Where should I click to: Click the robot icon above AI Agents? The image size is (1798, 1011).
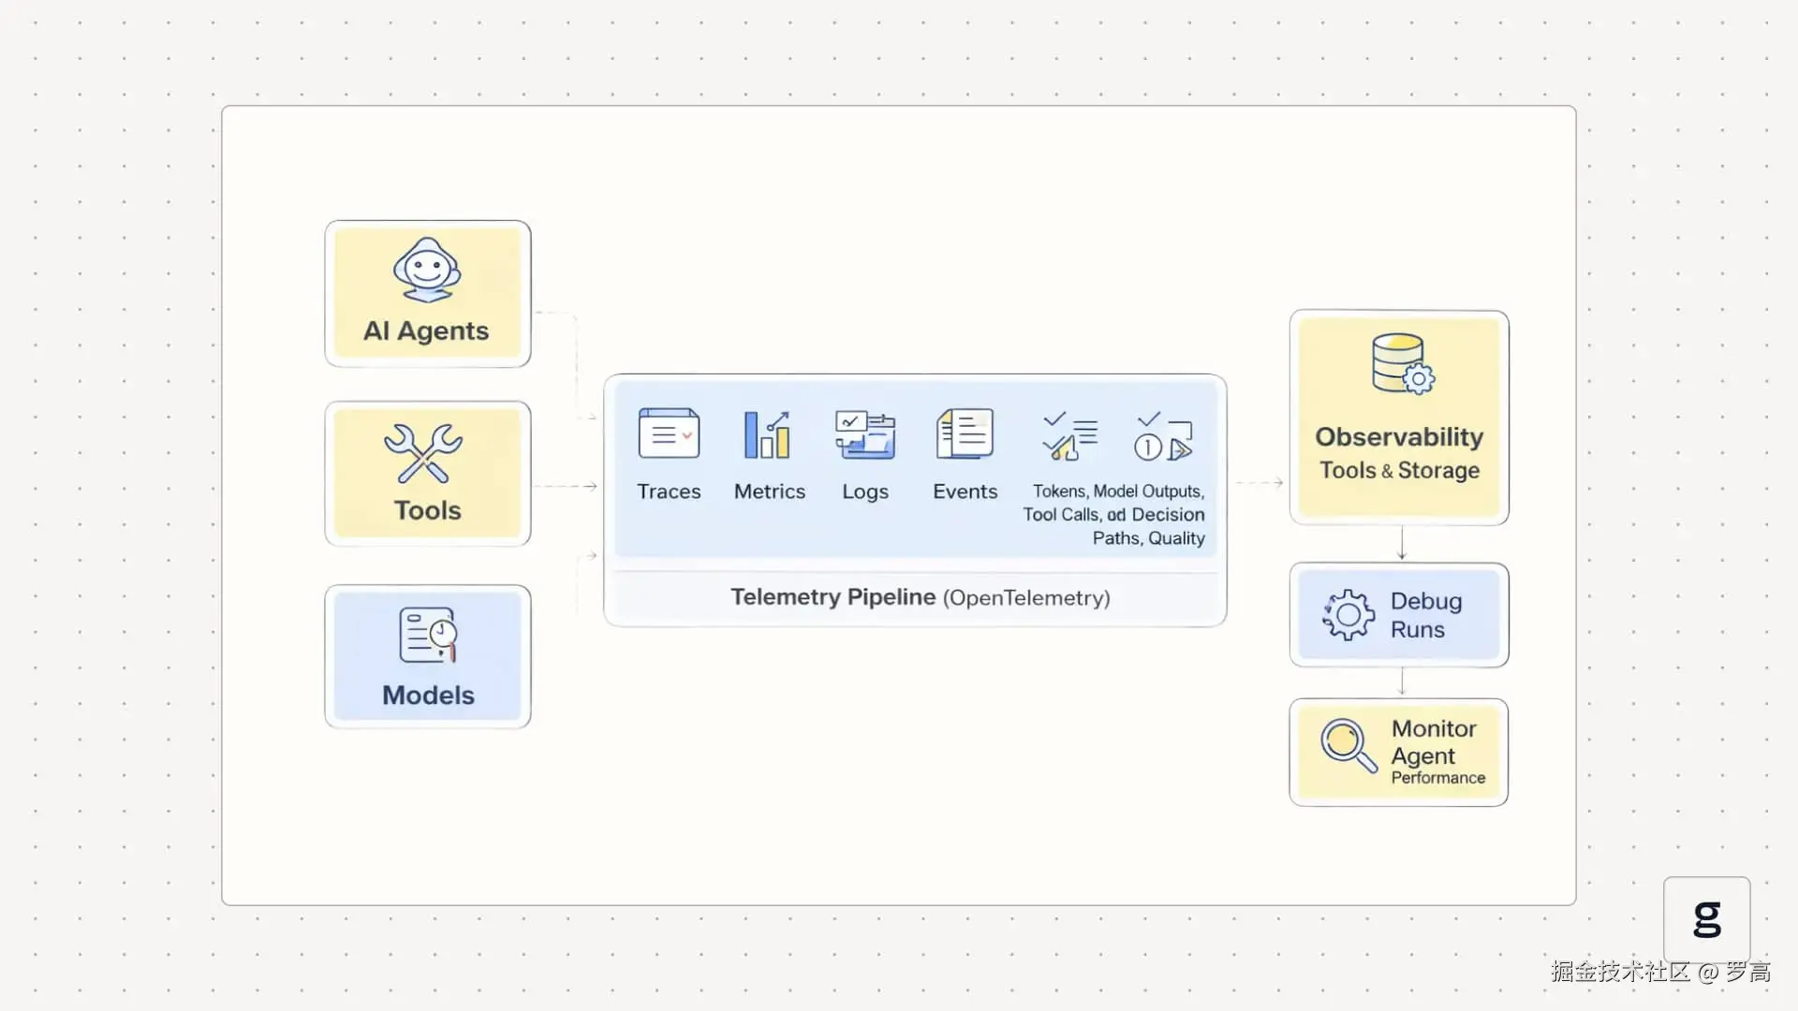click(x=427, y=270)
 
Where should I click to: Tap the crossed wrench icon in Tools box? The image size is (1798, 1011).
click(x=423, y=453)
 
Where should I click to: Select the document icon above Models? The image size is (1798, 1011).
click(x=428, y=635)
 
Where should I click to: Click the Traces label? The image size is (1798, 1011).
click(x=669, y=491)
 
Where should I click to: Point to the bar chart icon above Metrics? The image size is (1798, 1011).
click(x=767, y=435)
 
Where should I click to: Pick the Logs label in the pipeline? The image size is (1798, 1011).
click(x=865, y=492)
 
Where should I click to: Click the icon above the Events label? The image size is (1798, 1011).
click(x=965, y=433)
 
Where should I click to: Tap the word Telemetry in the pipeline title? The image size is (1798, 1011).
click(x=786, y=597)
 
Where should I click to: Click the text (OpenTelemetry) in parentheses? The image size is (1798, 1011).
click(x=1026, y=598)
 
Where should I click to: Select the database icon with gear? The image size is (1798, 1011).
click(x=1402, y=364)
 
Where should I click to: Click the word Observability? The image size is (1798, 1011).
click(x=1399, y=437)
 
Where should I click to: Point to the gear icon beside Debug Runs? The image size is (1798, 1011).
click(x=1348, y=615)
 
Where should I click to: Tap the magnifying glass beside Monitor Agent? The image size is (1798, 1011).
click(x=1348, y=745)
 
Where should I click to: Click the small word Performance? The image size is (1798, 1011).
click(x=1438, y=778)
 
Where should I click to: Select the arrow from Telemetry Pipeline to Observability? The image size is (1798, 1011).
click(x=1260, y=483)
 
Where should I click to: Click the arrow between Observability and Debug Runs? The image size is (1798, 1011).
click(x=1402, y=544)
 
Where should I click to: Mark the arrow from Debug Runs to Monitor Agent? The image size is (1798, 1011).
click(x=1402, y=681)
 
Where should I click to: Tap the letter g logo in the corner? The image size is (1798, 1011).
click(x=1707, y=918)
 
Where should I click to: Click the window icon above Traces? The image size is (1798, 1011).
click(x=669, y=433)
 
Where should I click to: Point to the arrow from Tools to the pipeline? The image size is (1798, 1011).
click(x=566, y=486)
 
